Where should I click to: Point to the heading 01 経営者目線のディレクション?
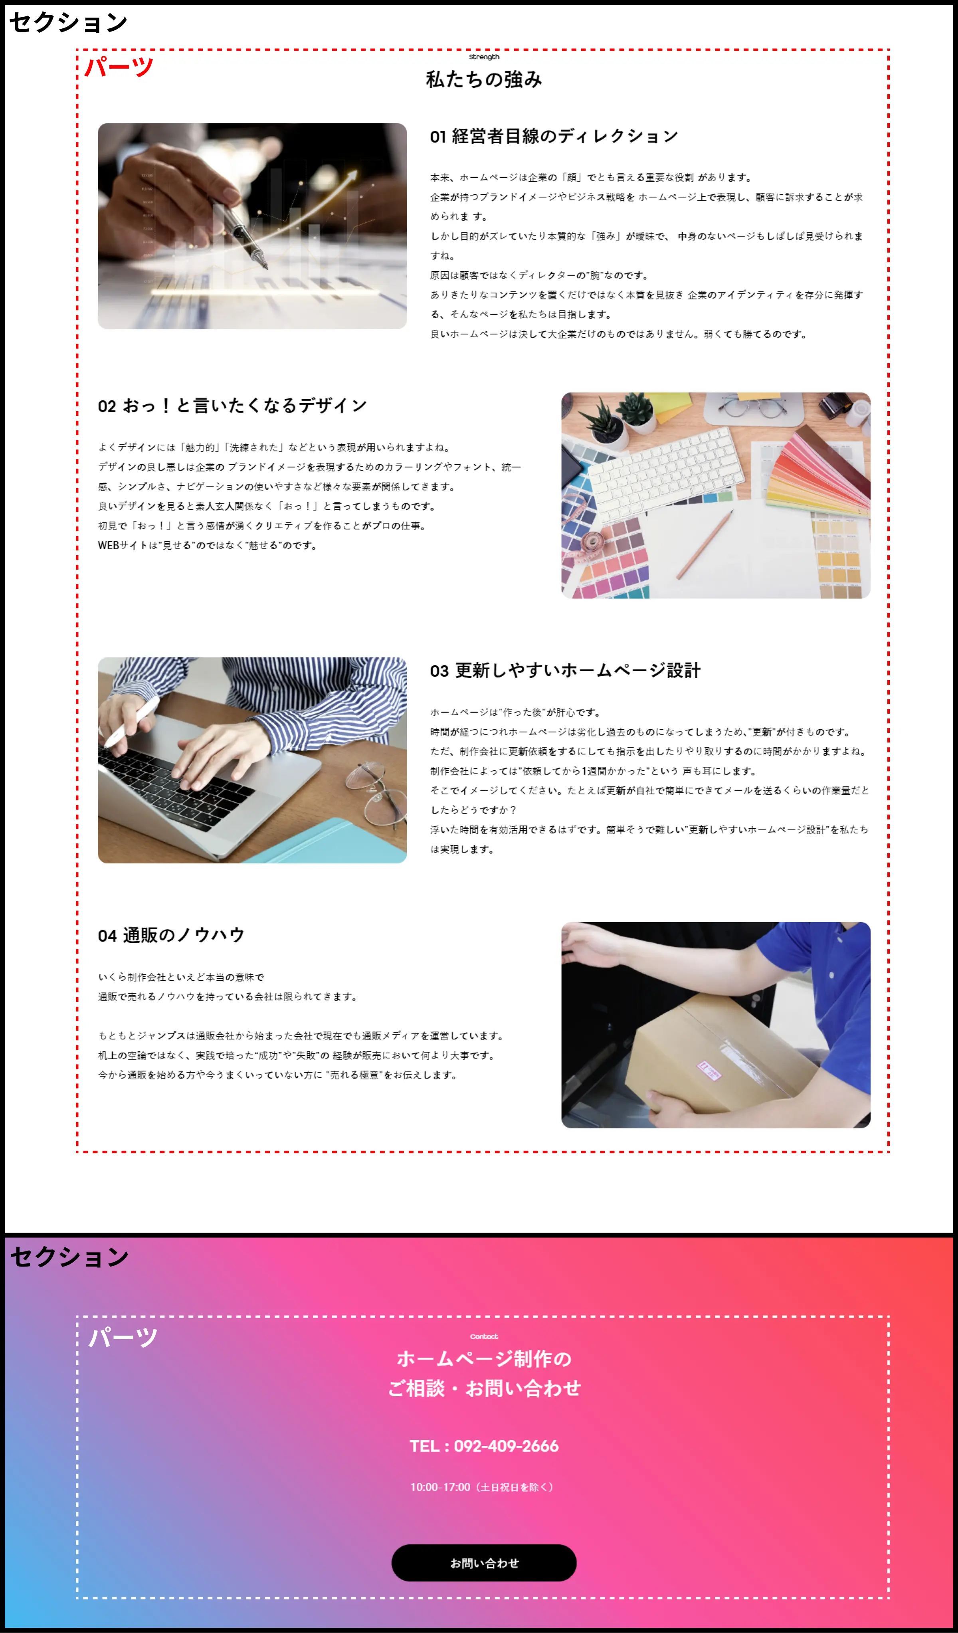coord(554,136)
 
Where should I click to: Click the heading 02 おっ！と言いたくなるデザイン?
coord(232,406)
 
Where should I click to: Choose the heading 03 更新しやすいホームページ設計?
coord(565,670)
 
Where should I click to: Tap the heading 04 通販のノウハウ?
coord(171,935)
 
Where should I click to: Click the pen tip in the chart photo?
coord(265,266)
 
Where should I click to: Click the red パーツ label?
coord(119,67)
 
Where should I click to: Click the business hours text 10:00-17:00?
coord(481,1487)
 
